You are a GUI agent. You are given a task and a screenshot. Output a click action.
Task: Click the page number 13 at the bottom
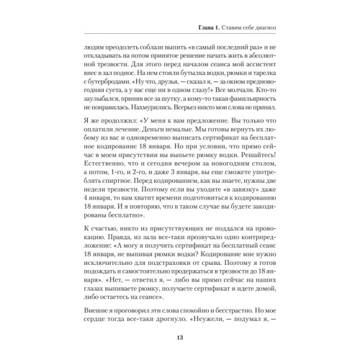tap(180, 341)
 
